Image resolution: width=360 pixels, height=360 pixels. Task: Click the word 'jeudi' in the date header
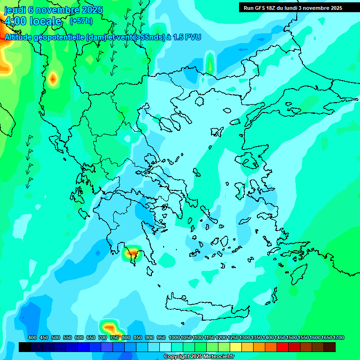(x=14, y=10)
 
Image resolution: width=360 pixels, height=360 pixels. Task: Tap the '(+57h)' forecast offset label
(x=81, y=21)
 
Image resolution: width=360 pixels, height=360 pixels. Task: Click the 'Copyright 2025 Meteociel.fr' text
(x=199, y=357)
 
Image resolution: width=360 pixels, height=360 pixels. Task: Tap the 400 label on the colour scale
(x=32, y=338)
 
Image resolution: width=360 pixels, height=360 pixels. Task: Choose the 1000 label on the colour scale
(x=174, y=338)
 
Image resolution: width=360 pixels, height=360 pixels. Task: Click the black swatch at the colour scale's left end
(x=25, y=347)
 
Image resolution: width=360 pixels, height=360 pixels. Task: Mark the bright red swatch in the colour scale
(x=283, y=347)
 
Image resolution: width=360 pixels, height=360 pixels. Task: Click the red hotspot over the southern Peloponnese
(x=133, y=253)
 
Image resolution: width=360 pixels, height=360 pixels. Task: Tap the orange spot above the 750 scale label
(x=110, y=327)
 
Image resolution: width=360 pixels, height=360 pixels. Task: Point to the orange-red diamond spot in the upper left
(x=52, y=78)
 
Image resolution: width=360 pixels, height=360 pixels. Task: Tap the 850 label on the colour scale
(x=138, y=338)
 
